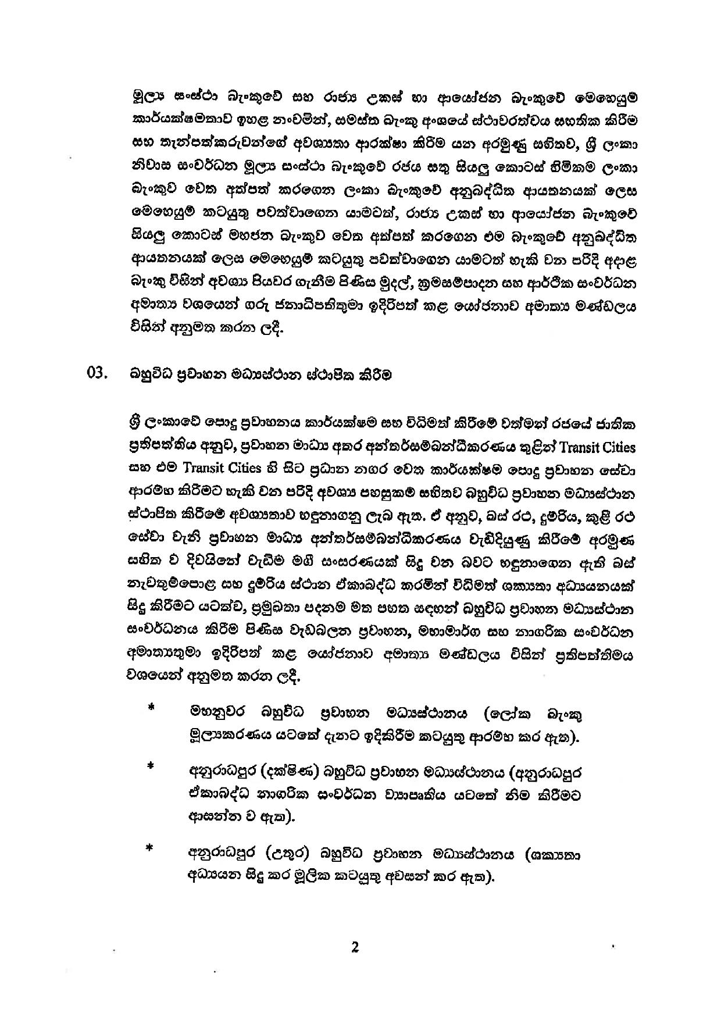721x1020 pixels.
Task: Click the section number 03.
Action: pos(97,374)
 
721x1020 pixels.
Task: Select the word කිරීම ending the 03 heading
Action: pos(374,375)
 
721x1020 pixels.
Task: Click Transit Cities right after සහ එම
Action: pos(224,468)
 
